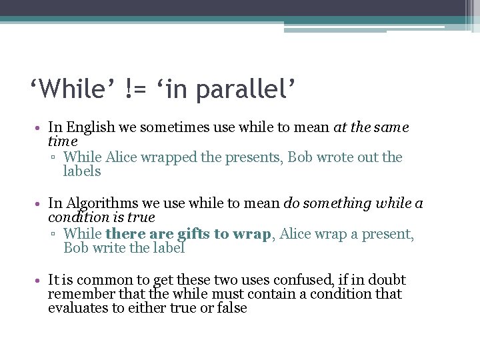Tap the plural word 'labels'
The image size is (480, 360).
[x=82, y=171]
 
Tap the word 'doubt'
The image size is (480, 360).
[x=387, y=280]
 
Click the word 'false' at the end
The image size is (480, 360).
[x=231, y=308]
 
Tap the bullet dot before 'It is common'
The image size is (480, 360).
[x=41, y=281]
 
